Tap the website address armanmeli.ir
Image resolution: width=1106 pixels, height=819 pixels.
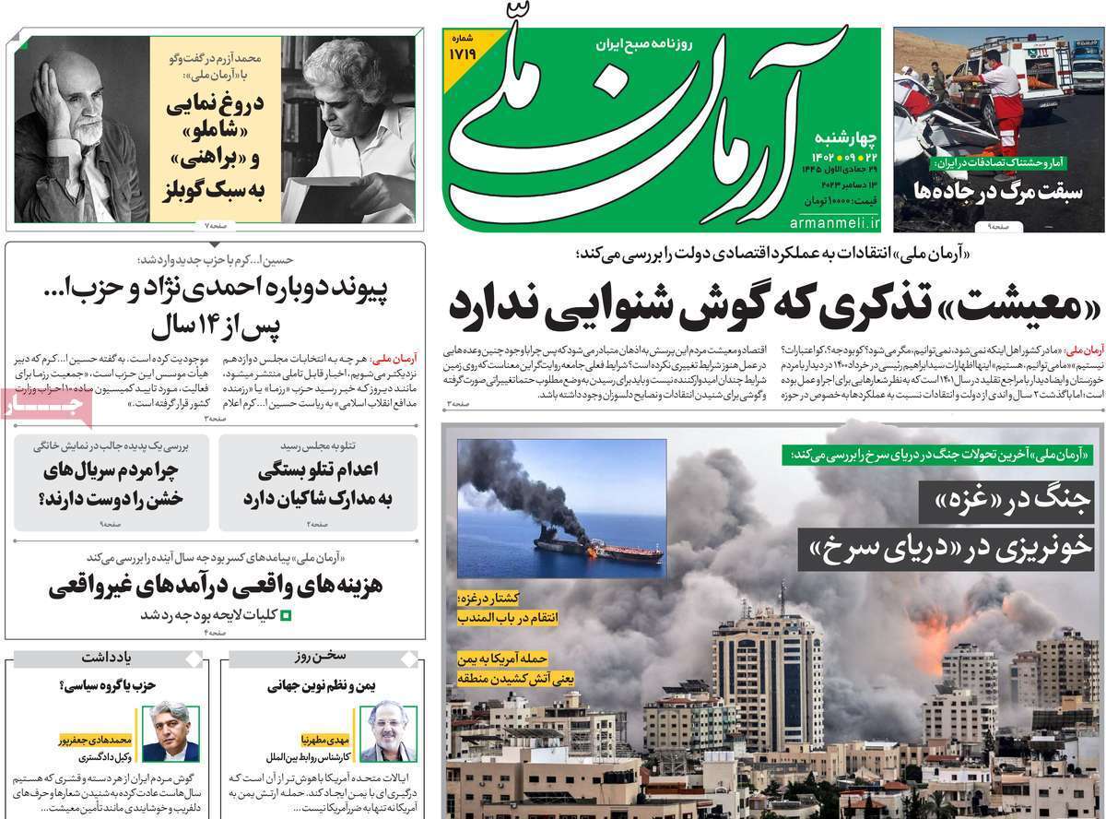[x=835, y=223]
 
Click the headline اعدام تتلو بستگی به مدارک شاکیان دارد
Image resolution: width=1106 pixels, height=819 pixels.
[x=317, y=483]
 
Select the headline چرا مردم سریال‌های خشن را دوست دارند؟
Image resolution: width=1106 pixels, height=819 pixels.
[x=112, y=483]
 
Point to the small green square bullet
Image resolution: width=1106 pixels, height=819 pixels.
[x=285, y=615]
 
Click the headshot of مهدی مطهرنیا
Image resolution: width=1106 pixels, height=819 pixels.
[x=388, y=732]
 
